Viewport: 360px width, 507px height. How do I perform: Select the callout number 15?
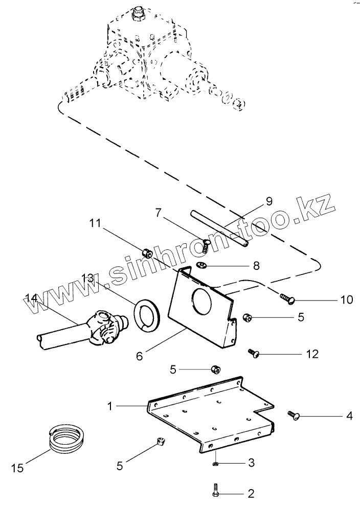[16, 467]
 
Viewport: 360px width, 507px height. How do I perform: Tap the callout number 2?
[251, 494]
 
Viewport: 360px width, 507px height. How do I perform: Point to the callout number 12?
[312, 354]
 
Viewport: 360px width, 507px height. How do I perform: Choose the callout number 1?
[109, 406]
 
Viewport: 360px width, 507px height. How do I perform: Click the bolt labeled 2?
[215, 492]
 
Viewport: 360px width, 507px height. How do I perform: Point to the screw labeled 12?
[254, 352]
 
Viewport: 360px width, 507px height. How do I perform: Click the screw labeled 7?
[206, 244]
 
